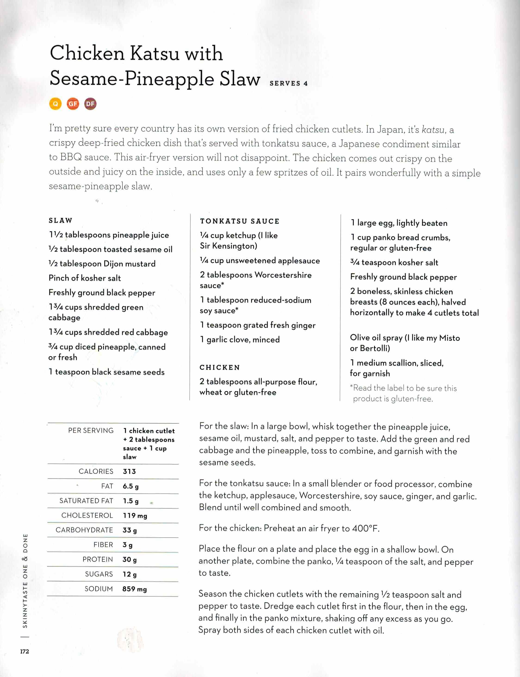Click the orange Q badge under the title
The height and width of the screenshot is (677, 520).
point(56,104)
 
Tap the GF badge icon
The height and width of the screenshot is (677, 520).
point(73,104)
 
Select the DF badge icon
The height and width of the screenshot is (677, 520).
point(90,104)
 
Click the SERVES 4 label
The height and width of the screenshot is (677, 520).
point(288,83)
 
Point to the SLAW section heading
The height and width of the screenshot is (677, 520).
point(60,220)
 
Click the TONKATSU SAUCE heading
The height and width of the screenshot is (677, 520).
point(240,221)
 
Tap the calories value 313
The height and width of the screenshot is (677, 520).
point(129,471)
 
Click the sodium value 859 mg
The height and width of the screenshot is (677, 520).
point(135,589)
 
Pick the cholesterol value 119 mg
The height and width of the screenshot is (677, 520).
point(135,515)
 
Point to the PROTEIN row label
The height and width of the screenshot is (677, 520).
point(98,559)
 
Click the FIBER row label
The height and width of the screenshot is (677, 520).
point(103,545)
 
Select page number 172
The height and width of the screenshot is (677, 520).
point(25,651)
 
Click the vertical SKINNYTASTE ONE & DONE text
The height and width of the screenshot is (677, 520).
point(25,581)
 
